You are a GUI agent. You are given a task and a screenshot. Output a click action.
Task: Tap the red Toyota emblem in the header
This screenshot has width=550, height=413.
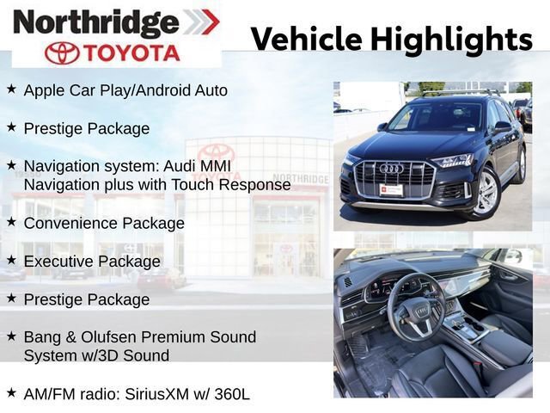coord(62,52)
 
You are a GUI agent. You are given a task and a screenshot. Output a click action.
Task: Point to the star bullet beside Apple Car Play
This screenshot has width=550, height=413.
coord(11,89)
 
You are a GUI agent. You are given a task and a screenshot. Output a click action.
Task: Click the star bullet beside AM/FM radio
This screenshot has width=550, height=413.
coord(11,393)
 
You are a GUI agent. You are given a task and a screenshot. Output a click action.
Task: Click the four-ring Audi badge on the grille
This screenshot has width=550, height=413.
coord(392,169)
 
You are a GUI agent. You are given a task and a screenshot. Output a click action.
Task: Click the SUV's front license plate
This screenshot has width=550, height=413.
coord(392,190)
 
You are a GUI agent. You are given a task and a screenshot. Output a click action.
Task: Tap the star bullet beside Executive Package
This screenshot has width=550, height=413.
coord(11,260)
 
